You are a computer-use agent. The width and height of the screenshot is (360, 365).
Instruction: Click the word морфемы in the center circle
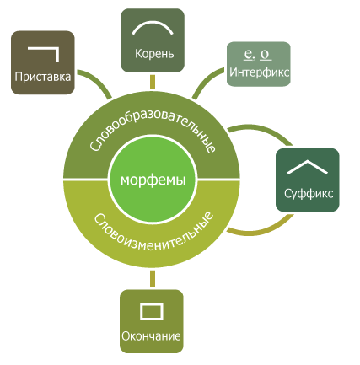(153, 180)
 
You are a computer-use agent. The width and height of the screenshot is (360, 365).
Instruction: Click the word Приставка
(43, 77)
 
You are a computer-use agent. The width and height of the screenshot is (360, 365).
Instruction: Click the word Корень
(154, 54)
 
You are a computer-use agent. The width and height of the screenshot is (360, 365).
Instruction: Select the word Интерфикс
(259, 72)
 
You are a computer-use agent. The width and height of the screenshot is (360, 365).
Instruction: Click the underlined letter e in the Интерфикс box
(248, 54)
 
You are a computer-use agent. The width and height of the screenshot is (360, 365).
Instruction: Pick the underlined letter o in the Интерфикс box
(266, 55)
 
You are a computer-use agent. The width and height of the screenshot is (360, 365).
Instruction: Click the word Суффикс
(309, 193)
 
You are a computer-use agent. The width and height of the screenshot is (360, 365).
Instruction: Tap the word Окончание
(151, 336)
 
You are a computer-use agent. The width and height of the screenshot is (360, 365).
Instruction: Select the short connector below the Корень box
(153, 82)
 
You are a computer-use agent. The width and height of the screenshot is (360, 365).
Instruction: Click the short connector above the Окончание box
(153, 278)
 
